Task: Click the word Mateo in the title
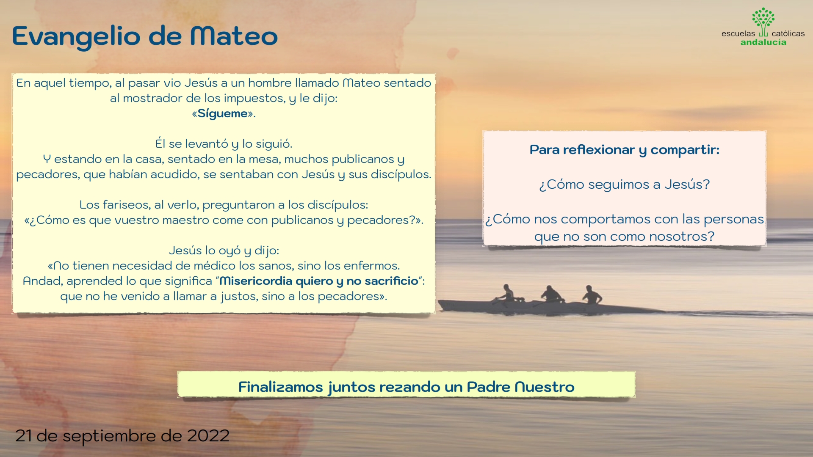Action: tap(234, 36)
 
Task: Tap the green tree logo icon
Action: tap(763, 21)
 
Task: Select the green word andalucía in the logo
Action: tap(763, 42)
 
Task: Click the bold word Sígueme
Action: tap(223, 113)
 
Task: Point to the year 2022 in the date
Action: tap(208, 436)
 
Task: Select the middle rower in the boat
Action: tap(550, 294)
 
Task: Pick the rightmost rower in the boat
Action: tap(592, 295)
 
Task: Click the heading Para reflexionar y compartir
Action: tap(624, 150)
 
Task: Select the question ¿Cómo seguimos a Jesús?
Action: tap(624, 184)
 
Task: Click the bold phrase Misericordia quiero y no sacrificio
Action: tap(318, 281)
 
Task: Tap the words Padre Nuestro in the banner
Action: tap(520, 387)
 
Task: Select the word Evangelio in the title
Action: tap(76, 37)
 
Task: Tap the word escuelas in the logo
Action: tap(738, 33)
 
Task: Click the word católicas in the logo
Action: tap(788, 33)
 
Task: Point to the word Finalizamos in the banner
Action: tap(280, 387)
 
